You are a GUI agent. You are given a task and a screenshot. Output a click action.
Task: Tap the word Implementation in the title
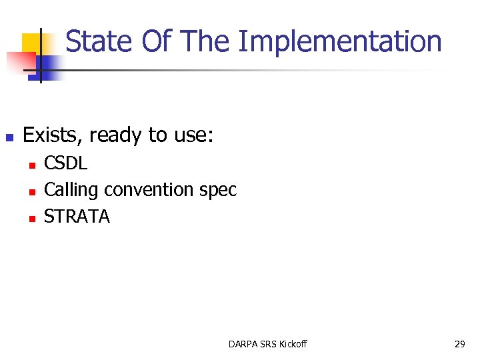[340, 41]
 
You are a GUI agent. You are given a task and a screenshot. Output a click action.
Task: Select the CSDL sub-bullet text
[65, 163]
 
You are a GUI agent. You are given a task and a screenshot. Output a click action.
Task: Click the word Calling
[71, 190]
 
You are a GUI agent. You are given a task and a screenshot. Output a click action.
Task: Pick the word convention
[149, 190]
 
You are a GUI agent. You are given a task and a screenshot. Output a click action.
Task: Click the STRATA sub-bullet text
[77, 217]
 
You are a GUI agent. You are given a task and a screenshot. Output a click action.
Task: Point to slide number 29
[459, 344]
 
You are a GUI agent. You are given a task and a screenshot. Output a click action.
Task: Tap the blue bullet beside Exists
[9, 138]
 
